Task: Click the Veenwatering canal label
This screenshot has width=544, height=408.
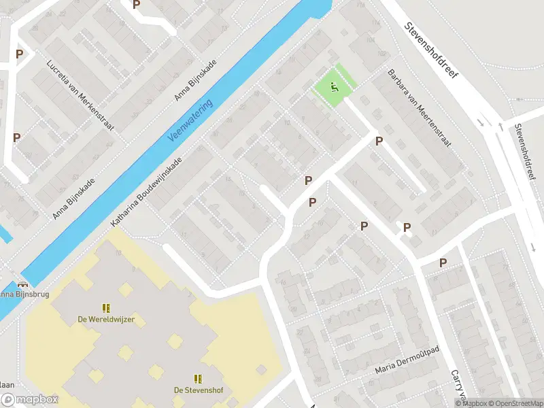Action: (190, 120)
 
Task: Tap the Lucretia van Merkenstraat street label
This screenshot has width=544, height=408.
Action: (80, 96)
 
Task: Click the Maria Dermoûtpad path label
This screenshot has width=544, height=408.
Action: (407, 369)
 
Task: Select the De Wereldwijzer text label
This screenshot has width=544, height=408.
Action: (105, 320)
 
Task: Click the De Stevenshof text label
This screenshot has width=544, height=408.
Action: (198, 390)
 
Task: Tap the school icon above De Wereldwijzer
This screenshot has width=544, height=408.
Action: (106, 308)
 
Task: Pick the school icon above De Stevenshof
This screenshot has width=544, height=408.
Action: (198, 378)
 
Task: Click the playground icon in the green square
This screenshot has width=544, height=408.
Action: (333, 86)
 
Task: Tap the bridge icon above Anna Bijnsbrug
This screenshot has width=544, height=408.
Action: (24, 284)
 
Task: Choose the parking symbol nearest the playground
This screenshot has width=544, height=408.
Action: (379, 141)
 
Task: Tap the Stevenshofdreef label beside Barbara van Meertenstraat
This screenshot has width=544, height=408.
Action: (431, 51)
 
